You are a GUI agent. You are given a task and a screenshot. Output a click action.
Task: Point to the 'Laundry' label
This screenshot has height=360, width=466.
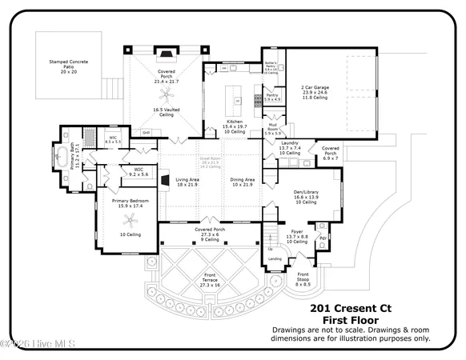289,144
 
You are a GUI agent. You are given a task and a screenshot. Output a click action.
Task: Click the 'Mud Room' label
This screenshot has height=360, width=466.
272,126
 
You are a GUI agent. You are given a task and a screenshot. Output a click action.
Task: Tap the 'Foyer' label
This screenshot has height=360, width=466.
296,232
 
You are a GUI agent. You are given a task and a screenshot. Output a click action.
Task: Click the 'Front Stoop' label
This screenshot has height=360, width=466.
303,277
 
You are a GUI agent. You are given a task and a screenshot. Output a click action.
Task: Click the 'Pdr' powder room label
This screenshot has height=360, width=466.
323,238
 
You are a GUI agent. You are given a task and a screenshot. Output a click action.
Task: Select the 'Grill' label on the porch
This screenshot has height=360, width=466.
147,132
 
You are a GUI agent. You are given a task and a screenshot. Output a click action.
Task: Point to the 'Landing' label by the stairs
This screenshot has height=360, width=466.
274,258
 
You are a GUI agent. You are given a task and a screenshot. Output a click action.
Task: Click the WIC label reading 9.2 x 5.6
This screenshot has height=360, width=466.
138,170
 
